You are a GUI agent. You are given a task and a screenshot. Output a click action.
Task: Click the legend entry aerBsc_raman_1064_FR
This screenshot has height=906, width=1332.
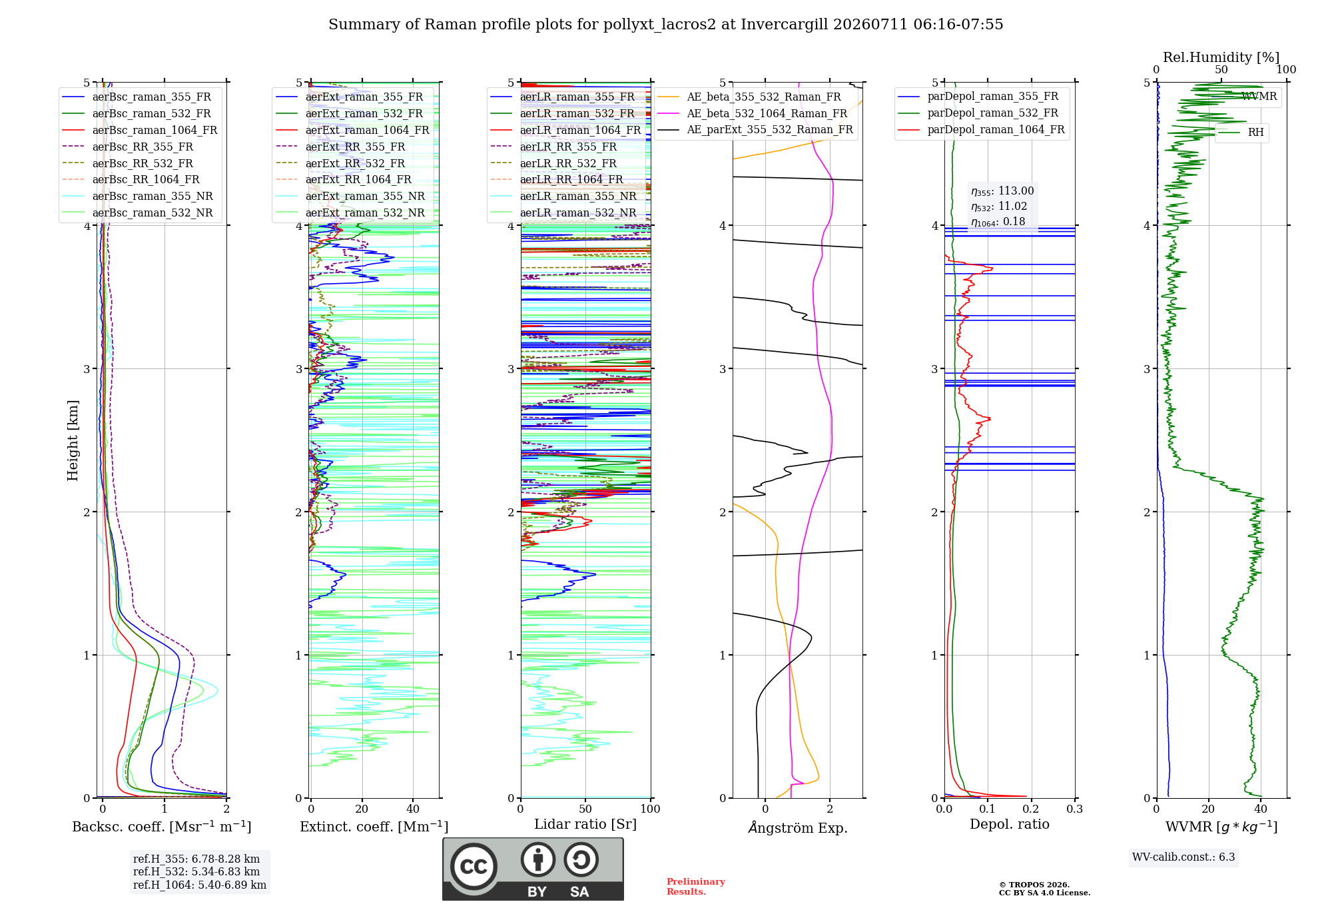click(x=155, y=130)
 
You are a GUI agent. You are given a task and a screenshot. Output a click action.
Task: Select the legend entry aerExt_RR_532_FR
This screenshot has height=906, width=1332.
click(x=355, y=163)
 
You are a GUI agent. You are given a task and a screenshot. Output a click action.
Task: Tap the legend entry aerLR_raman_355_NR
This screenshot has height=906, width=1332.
click(x=578, y=196)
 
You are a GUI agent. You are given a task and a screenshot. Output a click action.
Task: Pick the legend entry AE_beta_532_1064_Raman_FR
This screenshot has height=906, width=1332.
click(x=767, y=113)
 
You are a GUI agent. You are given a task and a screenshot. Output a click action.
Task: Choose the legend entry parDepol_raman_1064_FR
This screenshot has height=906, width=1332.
click(x=996, y=129)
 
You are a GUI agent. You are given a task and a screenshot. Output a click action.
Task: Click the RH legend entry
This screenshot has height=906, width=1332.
click(x=1255, y=133)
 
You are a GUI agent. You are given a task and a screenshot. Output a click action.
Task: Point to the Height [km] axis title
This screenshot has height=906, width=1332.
click(x=73, y=440)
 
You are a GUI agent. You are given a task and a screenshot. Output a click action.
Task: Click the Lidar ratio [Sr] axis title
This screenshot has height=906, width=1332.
click(x=585, y=824)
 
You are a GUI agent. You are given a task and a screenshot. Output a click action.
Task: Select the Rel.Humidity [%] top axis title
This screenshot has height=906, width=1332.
click(x=1221, y=57)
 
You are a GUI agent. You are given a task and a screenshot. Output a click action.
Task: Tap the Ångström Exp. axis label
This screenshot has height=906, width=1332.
click(x=798, y=827)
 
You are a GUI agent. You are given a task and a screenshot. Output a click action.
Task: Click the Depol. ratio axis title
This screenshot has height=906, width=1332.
click(x=1010, y=824)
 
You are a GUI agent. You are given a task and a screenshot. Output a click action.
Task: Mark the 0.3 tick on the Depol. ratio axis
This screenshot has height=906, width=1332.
click(x=1074, y=809)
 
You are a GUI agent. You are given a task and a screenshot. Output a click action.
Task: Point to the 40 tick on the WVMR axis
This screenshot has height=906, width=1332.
click(x=1261, y=809)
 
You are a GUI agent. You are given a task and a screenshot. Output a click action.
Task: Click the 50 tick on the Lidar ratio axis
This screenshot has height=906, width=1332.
click(x=585, y=809)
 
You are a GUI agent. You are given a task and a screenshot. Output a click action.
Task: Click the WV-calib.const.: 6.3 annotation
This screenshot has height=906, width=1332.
click(x=1183, y=857)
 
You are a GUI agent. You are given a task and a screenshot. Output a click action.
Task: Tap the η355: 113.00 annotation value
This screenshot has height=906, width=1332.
click(x=1002, y=191)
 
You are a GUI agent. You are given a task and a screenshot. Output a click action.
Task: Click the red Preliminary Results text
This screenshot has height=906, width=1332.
click(x=696, y=887)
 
